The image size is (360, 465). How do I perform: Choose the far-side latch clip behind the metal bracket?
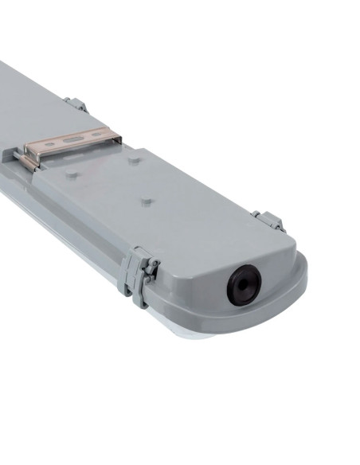(x=76, y=104)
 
